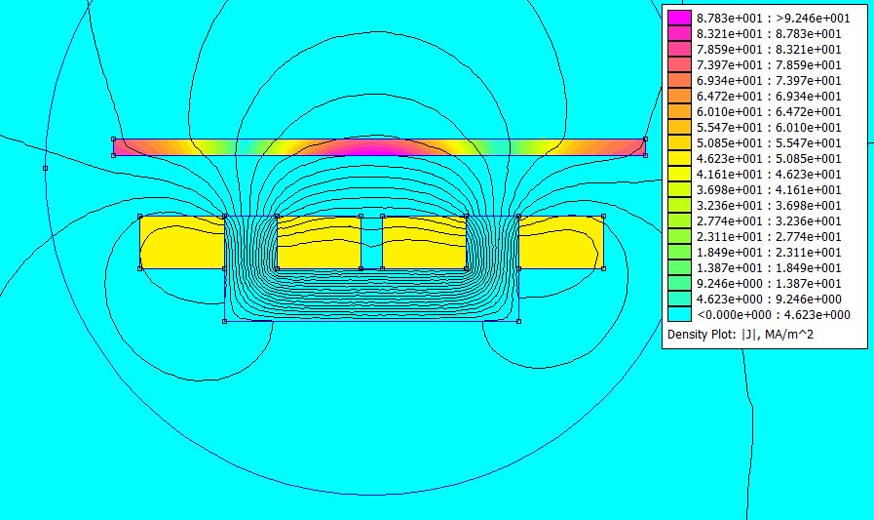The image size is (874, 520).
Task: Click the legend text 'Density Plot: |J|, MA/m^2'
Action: point(741,335)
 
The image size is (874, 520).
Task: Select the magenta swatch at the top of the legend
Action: point(679,18)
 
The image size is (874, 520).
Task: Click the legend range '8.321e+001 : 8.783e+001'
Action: point(769,33)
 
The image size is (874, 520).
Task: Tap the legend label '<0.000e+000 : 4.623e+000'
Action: point(774,315)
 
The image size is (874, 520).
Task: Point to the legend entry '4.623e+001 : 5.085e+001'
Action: point(769,158)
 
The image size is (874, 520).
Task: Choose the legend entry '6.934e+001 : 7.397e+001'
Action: point(769,80)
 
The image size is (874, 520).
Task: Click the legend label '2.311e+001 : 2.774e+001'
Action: point(769,236)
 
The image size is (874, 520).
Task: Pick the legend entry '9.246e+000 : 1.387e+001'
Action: point(769,284)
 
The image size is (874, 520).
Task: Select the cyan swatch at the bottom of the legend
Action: point(679,314)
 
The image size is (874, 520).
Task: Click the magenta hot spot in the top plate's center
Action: point(372,148)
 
